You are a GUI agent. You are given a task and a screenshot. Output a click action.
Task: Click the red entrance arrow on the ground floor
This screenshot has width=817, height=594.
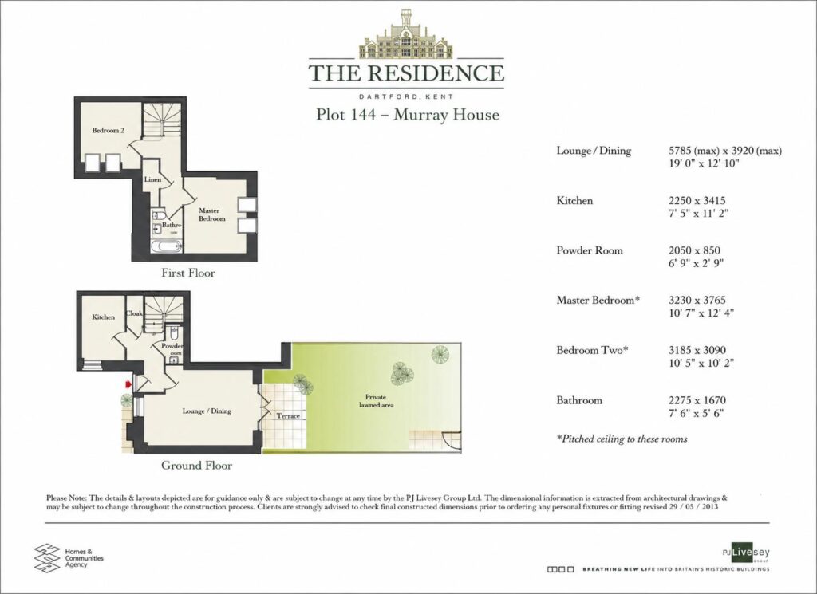click(x=128, y=384)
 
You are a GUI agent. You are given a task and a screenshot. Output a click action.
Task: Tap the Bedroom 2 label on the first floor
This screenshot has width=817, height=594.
click(x=108, y=130)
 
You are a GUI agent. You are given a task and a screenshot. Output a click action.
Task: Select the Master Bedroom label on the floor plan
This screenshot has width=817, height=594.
click(x=212, y=214)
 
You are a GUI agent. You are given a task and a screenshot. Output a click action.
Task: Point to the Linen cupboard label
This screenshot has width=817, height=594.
click(x=152, y=179)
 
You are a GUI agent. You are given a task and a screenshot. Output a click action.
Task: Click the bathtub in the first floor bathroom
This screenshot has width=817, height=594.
click(x=167, y=246)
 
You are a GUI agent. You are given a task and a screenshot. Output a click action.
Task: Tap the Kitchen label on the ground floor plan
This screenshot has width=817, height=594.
click(x=103, y=317)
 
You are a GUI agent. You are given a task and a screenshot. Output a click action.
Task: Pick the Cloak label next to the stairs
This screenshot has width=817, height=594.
click(x=134, y=313)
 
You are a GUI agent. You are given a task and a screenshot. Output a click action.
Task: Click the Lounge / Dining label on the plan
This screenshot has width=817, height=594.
click(x=207, y=411)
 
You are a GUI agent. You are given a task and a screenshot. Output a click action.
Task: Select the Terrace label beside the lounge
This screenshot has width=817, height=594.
click(x=288, y=416)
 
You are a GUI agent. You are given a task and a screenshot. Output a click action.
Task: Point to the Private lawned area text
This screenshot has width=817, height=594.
click(x=376, y=401)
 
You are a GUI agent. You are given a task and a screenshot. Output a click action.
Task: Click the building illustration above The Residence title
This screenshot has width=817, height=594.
click(x=406, y=34)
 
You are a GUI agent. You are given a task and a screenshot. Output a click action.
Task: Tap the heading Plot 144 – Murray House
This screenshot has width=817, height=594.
click(x=408, y=115)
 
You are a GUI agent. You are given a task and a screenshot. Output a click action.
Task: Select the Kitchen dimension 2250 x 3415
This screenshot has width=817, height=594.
click(x=697, y=200)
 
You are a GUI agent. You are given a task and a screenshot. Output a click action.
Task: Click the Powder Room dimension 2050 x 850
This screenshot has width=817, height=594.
click(x=694, y=250)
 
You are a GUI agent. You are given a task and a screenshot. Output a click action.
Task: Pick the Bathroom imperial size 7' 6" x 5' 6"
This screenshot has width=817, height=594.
click(x=696, y=413)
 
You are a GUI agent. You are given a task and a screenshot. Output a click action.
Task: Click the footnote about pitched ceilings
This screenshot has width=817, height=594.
click(x=622, y=439)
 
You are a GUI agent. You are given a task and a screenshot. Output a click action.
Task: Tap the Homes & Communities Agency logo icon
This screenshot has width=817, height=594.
click(x=47, y=557)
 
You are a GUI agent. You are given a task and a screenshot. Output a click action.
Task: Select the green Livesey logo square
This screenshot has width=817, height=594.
click(x=742, y=553)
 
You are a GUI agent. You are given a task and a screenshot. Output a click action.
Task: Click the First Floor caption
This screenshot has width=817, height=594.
click(x=188, y=273)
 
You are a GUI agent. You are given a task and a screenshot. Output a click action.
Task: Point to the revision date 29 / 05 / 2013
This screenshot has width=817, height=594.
click(x=693, y=506)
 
